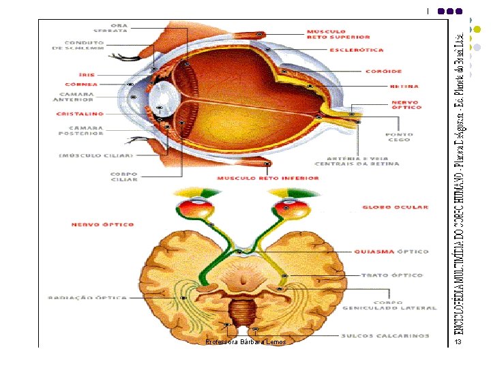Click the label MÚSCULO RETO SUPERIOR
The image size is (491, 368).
click(x=338, y=34)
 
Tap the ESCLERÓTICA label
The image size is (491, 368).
click(x=356, y=50)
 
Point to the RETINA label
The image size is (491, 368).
click(x=404, y=87)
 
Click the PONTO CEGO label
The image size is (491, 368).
click(x=399, y=138)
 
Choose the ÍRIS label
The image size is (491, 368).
click(x=87, y=74)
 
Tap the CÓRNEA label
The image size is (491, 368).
click(x=82, y=85)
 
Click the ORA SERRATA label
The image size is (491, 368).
click(x=110, y=28)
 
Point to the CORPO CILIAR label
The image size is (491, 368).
click(x=124, y=177)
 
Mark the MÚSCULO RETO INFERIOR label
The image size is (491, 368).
click(x=268, y=179)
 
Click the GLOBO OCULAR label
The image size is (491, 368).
click(x=396, y=207)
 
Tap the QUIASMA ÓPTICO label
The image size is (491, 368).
click(x=391, y=251)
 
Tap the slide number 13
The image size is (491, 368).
click(x=459, y=341)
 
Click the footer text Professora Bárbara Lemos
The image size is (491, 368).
click(x=240, y=341)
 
